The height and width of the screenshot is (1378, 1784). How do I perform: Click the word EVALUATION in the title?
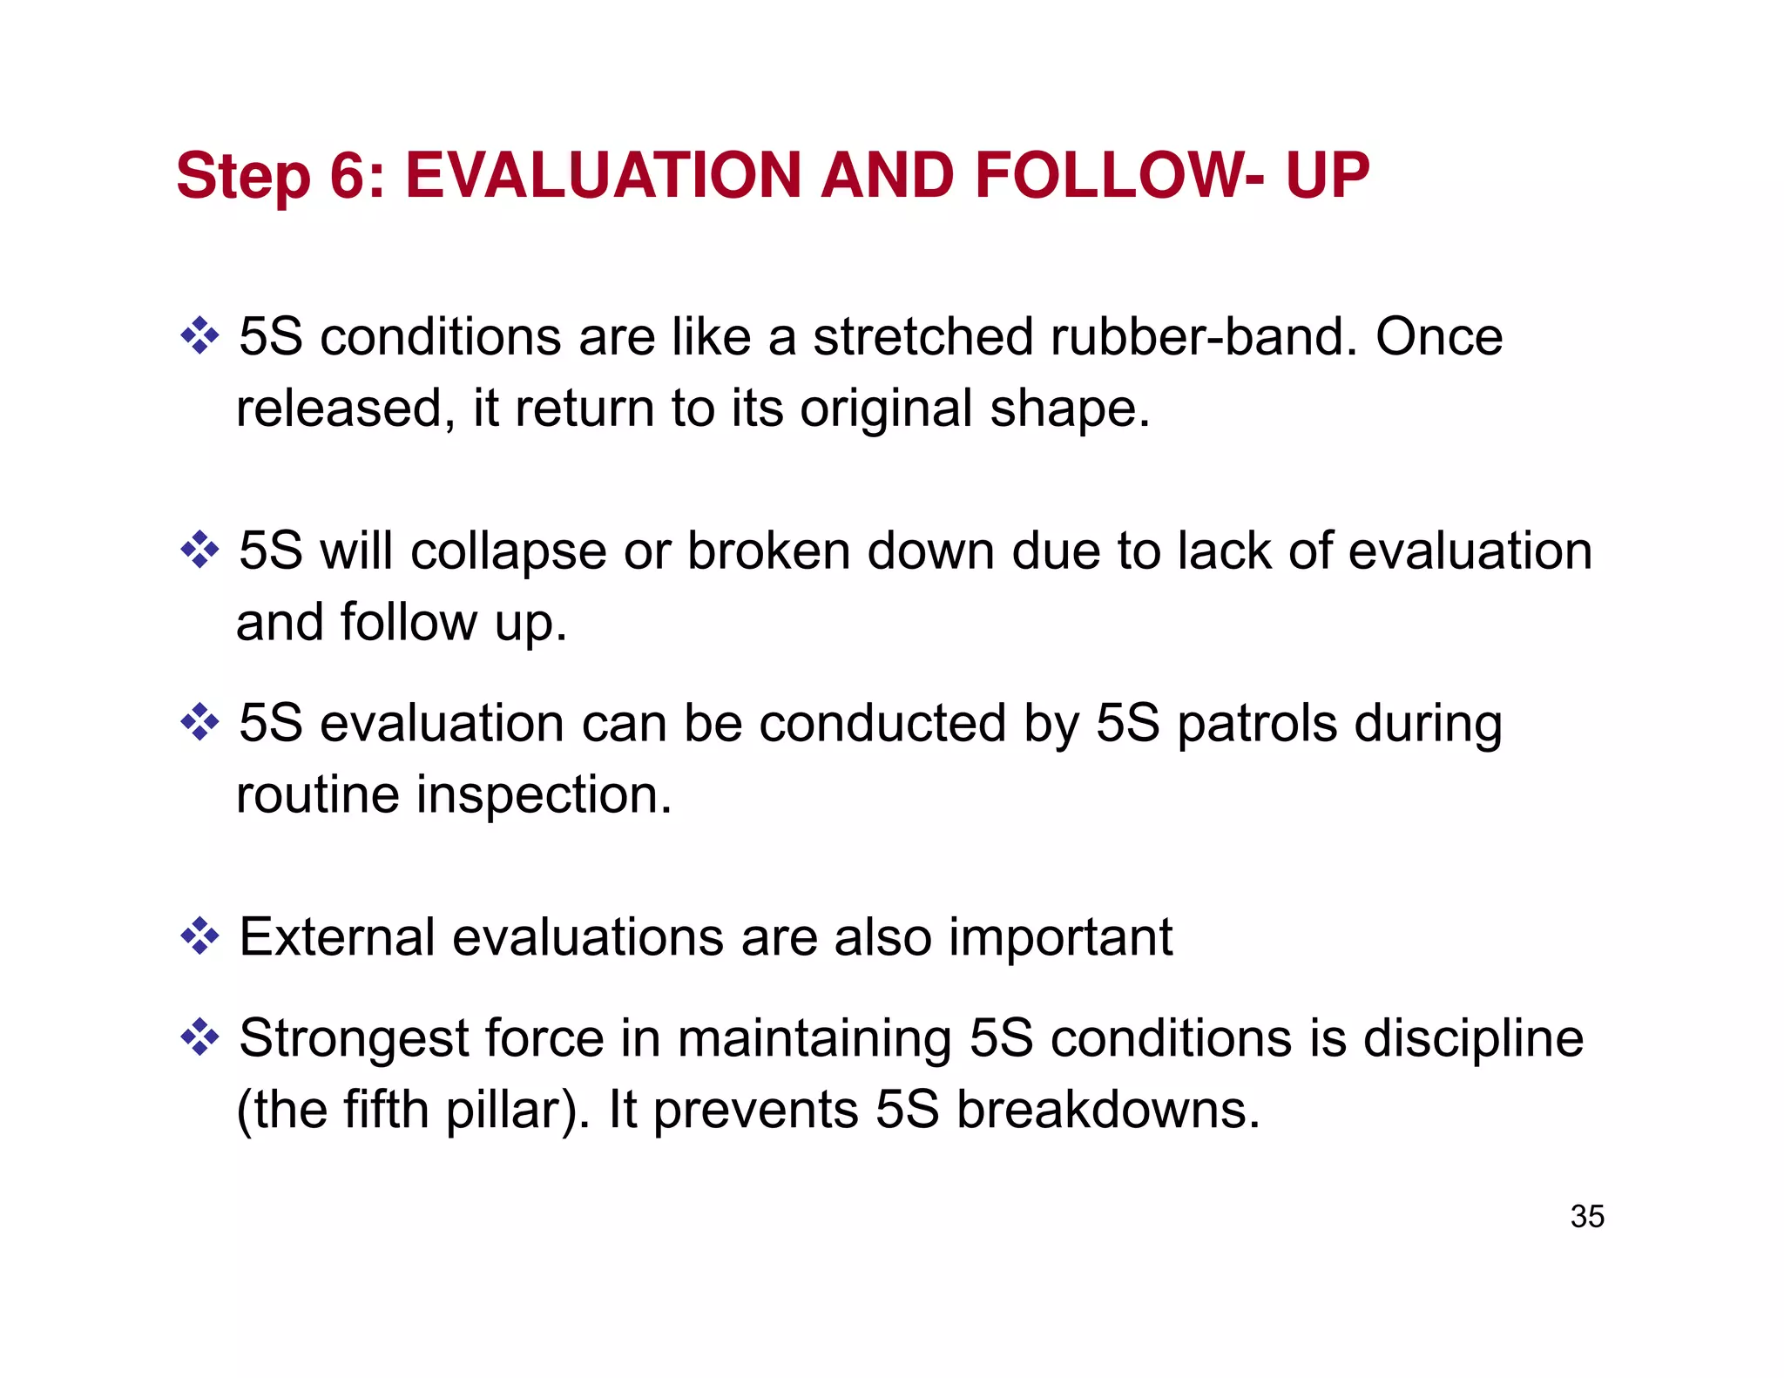click(x=603, y=176)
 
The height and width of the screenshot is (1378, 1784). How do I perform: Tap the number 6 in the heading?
click(x=348, y=176)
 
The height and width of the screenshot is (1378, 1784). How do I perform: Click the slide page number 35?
click(x=1587, y=1216)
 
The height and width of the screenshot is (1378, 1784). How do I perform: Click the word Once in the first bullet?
click(x=1439, y=337)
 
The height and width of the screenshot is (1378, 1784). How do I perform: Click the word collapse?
click(x=509, y=552)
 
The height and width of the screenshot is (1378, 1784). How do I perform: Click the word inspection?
click(x=544, y=795)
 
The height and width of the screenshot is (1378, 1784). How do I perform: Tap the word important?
click(x=1060, y=938)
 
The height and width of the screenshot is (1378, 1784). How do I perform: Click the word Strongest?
click(x=353, y=1039)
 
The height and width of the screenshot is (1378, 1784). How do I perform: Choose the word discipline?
click(x=1473, y=1039)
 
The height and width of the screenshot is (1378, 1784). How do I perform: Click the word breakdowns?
click(x=1108, y=1111)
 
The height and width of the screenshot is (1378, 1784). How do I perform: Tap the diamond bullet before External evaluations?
click(x=199, y=936)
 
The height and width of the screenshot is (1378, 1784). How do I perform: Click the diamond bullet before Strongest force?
click(x=199, y=1037)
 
